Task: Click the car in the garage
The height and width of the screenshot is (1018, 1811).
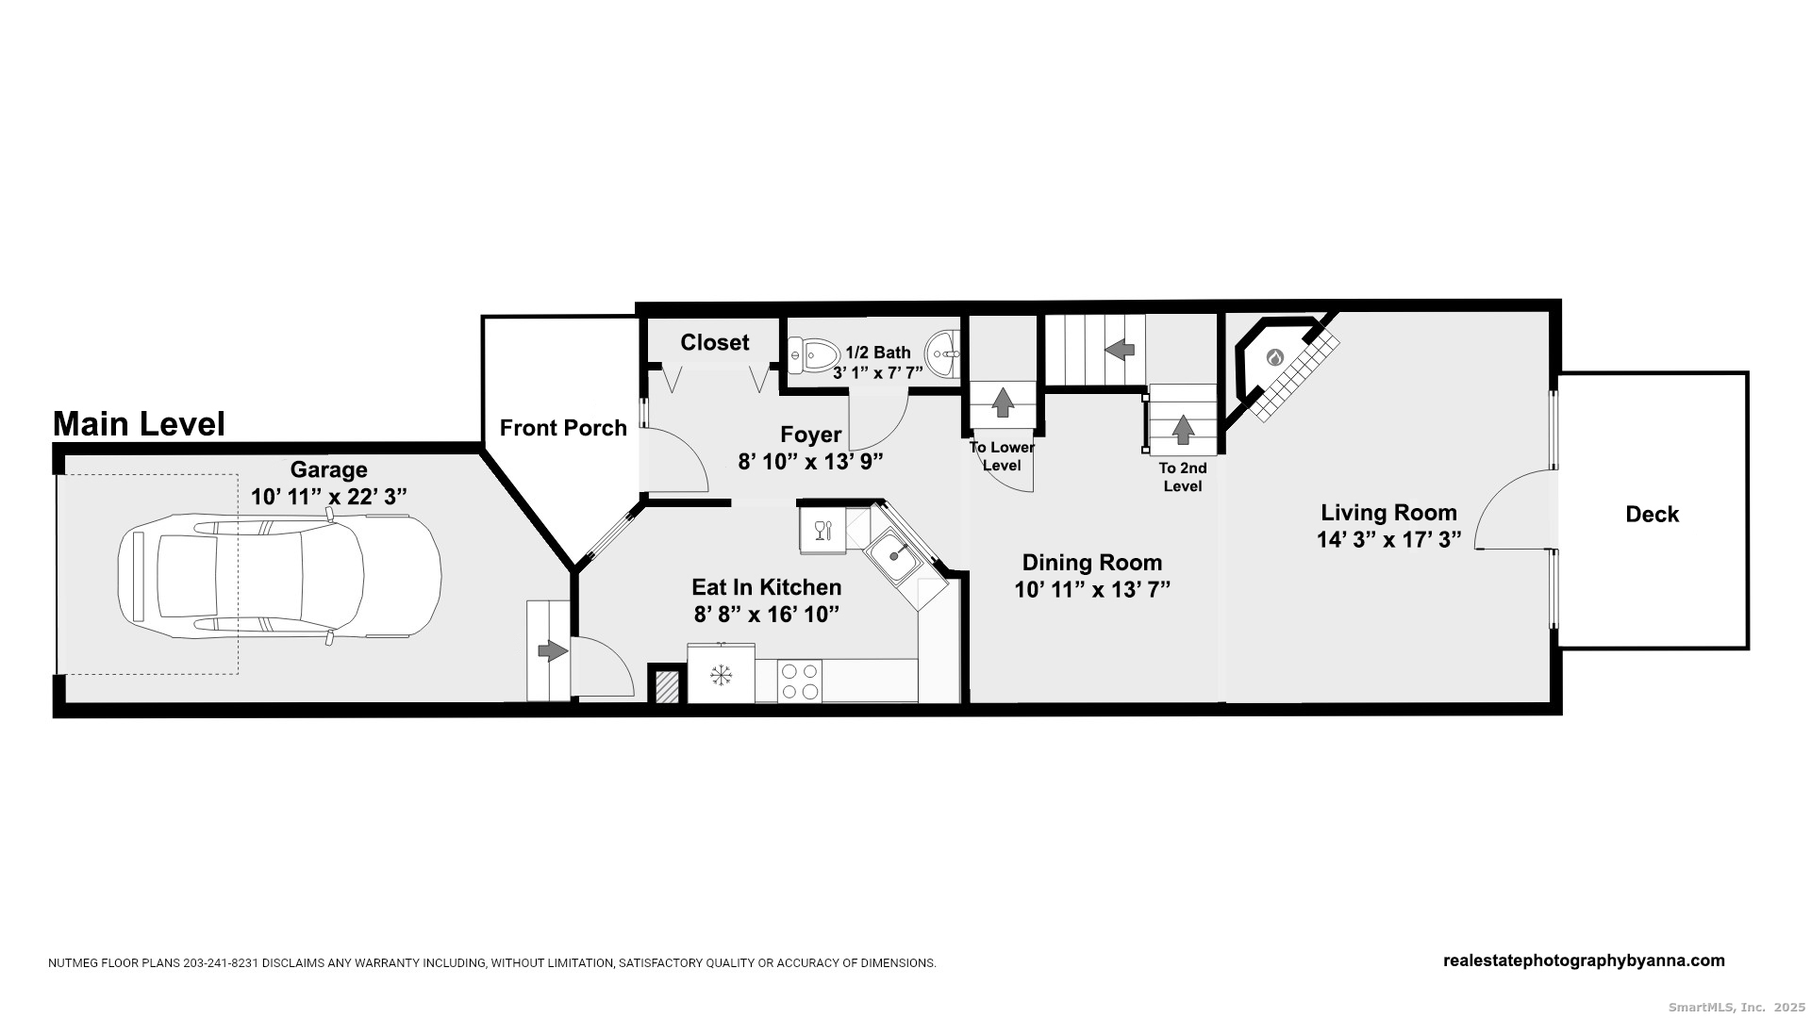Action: (x=279, y=576)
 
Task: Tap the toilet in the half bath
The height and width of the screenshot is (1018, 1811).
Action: (x=813, y=355)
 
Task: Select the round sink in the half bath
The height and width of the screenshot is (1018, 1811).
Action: (x=941, y=354)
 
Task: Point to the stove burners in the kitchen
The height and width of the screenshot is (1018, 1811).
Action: (x=800, y=681)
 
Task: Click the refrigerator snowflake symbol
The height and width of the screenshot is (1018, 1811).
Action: (x=722, y=675)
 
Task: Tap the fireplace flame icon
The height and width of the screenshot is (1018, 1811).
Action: (x=1274, y=357)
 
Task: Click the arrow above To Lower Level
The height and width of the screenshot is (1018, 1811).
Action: (x=1003, y=402)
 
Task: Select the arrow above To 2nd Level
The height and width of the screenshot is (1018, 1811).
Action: (x=1183, y=430)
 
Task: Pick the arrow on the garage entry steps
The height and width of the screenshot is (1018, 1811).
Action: (x=553, y=650)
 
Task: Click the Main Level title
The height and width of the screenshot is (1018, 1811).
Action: (x=139, y=423)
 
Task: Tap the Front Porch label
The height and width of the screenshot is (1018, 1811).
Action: (x=563, y=428)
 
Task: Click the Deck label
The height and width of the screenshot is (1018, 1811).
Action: (x=1653, y=514)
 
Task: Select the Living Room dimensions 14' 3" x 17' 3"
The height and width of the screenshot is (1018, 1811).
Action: (x=1388, y=539)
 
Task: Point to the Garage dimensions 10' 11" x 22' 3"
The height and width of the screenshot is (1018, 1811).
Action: (x=329, y=497)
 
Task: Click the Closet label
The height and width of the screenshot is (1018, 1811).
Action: (x=715, y=342)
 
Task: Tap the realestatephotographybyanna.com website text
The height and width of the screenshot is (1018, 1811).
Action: (x=1584, y=961)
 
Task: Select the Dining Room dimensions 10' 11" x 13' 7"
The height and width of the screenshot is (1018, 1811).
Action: (x=1092, y=590)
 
